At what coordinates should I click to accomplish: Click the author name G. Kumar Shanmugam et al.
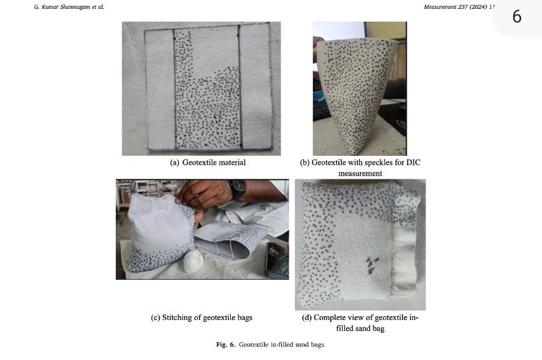(68, 6)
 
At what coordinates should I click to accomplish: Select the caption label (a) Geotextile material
(207, 163)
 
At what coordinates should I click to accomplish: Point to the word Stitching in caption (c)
(181, 317)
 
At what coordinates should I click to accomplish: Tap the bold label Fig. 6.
(226, 344)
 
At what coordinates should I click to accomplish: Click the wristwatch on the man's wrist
(238, 189)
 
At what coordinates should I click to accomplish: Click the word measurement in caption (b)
(360, 173)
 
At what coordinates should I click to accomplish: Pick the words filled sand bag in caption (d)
(360, 328)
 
